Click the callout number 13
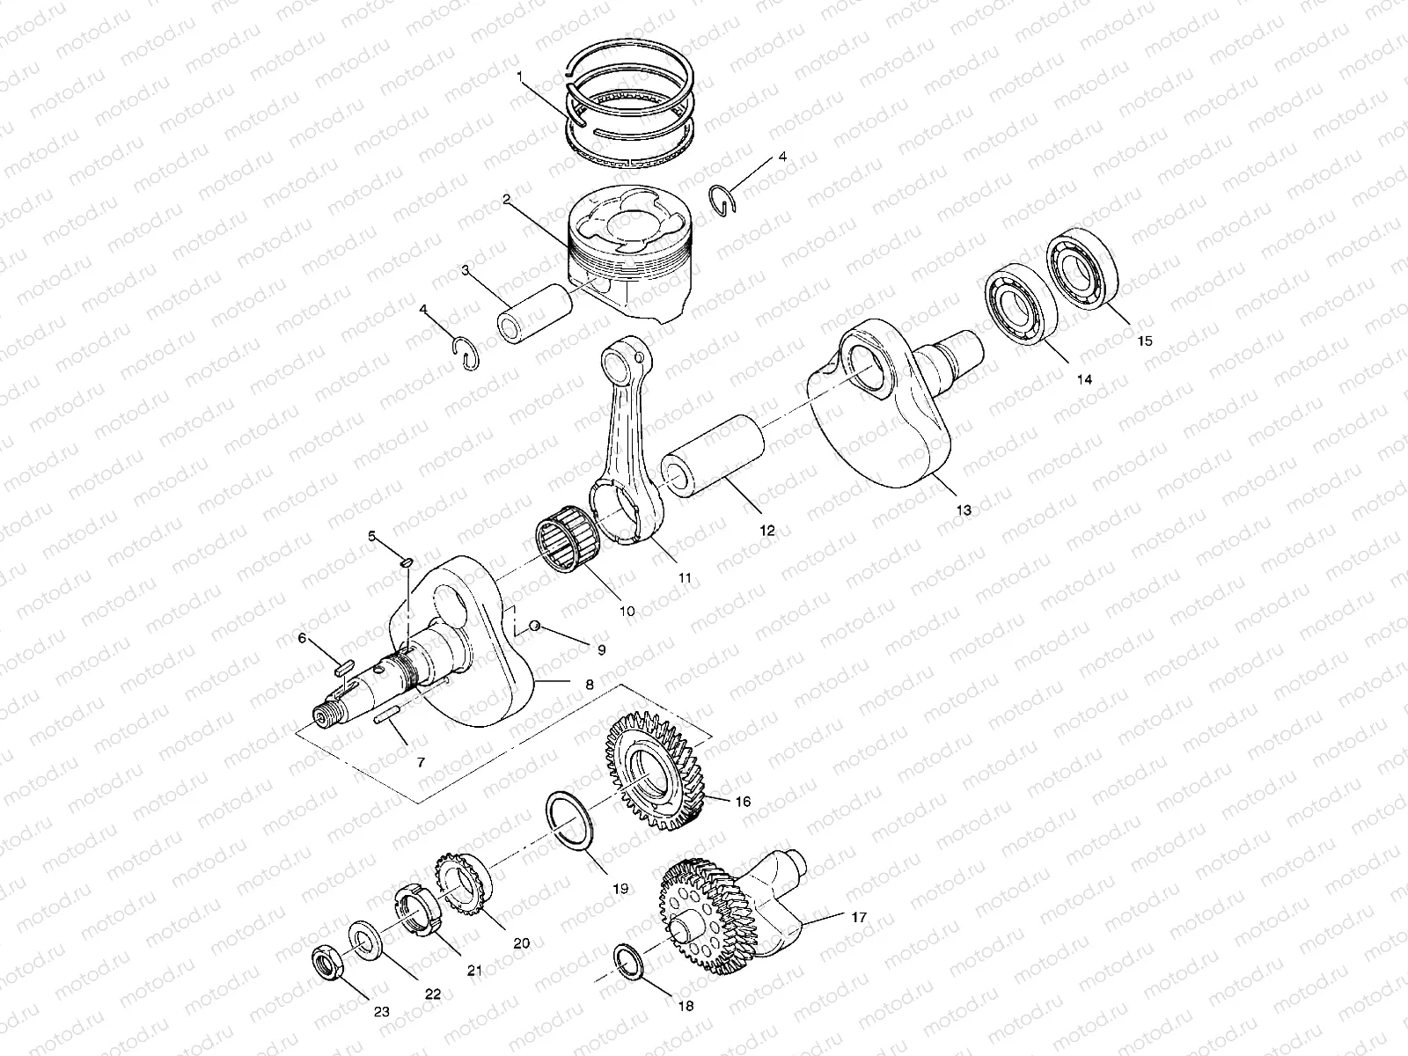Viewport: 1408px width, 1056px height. (964, 510)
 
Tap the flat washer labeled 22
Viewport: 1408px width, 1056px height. (363, 939)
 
